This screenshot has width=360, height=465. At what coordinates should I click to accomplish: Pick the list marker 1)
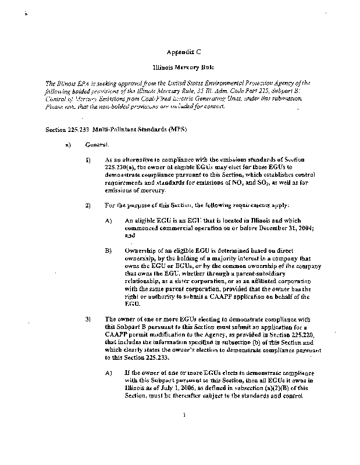point(88,159)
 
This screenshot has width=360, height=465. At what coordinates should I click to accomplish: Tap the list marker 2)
point(88,206)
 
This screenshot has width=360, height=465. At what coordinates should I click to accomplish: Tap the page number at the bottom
point(183,431)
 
